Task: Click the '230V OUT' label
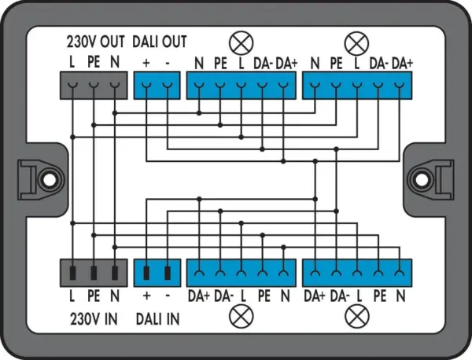point(95,42)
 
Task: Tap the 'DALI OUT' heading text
point(160,42)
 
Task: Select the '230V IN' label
point(94,319)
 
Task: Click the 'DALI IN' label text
point(158,319)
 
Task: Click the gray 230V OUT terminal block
point(94,86)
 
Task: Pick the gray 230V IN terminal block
point(94,273)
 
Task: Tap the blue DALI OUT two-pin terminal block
point(157,86)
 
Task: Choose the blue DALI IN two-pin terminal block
point(157,273)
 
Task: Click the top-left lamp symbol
point(242,42)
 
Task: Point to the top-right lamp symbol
point(356,42)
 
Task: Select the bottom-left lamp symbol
point(242,316)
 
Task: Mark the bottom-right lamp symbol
point(357,316)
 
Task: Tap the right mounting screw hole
point(421,179)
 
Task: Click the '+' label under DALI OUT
point(146,63)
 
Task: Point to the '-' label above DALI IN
point(168,296)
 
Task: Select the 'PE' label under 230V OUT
point(94,63)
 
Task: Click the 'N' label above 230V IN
point(115,296)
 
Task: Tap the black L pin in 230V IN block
point(72,273)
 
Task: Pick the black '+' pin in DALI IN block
point(146,273)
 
